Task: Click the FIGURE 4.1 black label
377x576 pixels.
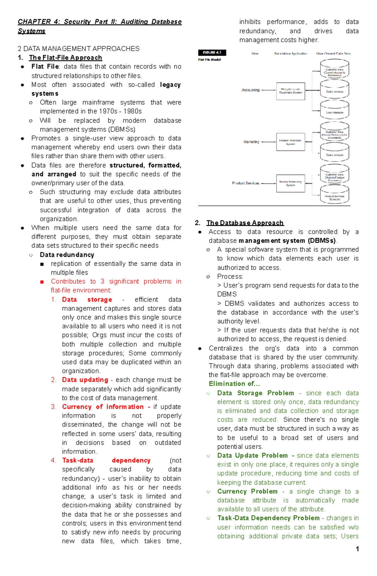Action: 212,52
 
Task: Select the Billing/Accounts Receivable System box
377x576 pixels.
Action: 290,91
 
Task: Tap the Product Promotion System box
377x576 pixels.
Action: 290,142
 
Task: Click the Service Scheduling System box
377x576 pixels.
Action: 290,183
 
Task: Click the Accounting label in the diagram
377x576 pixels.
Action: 250,90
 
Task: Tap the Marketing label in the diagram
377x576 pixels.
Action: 251,142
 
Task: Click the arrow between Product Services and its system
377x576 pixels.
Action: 268,183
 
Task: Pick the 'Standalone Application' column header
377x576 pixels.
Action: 290,54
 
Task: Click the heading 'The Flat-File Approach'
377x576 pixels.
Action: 65,58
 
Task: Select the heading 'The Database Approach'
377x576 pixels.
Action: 245,223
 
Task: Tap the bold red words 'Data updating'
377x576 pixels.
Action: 85,380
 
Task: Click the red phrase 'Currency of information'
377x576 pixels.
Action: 103,407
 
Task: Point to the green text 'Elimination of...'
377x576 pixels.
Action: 234,384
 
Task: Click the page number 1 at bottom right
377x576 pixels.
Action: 357,549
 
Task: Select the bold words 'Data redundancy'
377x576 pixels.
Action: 67,255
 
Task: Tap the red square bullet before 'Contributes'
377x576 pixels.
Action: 42,282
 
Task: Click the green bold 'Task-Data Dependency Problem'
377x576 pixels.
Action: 268,518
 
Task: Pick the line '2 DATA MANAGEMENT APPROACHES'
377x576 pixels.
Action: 79,49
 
